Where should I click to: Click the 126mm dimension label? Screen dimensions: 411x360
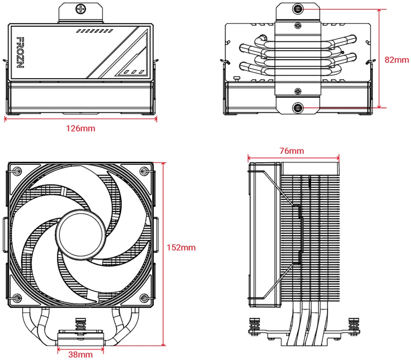[x=81, y=128]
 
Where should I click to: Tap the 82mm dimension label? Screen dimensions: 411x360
[x=397, y=60]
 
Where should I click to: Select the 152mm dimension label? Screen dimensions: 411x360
[x=181, y=247]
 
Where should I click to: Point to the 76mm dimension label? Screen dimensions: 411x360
[x=292, y=151]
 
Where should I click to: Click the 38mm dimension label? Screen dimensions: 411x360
[x=81, y=355]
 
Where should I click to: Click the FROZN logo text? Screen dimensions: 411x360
[x=20, y=52]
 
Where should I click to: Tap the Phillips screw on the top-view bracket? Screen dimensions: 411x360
[x=81, y=9]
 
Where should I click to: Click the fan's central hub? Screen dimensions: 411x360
[x=81, y=234]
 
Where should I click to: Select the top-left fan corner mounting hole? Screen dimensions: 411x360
[x=17, y=171]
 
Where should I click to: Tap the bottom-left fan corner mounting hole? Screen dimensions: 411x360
[x=17, y=298]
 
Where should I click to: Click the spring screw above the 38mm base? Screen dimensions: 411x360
[x=81, y=327]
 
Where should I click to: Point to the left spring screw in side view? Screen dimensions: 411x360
[x=254, y=326]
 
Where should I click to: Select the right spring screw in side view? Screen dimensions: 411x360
[x=354, y=326]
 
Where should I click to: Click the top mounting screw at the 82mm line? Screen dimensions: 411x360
[x=298, y=9]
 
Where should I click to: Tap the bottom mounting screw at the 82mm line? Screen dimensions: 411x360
[x=298, y=107]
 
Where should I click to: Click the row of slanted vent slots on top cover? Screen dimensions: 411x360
[x=95, y=31]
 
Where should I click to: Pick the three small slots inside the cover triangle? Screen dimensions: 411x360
[x=134, y=72]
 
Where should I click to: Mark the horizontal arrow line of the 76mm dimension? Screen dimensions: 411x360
[x=293, y=158]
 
